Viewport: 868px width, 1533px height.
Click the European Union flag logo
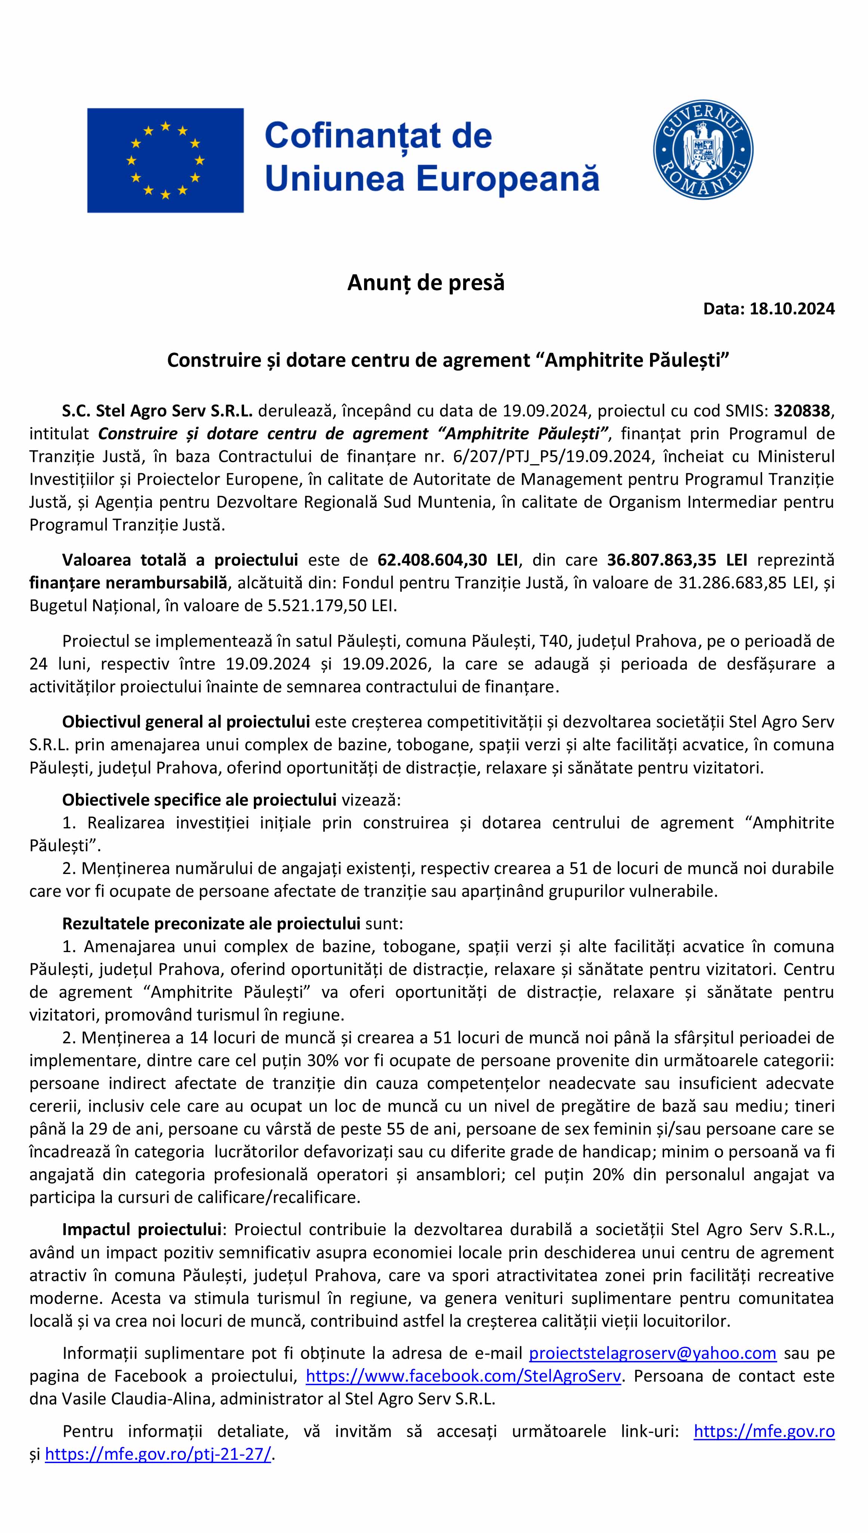click(x=165, y=160)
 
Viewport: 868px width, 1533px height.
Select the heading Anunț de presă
click(x=426, y=283)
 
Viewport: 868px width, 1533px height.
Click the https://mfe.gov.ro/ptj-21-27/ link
click(x=158, y=1454)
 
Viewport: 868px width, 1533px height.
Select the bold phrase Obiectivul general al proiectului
click(x=185, y=722)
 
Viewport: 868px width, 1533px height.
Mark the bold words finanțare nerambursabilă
click(x=128, y=582)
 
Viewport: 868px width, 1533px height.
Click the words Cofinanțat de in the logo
click(x=378, y=136)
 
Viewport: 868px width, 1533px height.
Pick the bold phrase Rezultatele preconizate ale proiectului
click(x=211, y=924)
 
